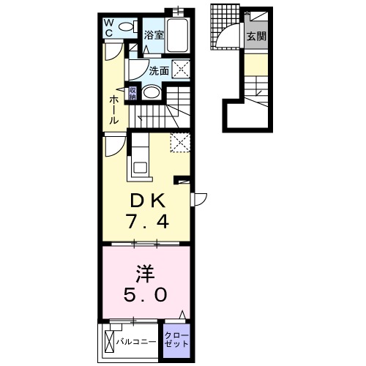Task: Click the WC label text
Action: click(x=109, y=28)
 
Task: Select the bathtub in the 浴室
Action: click(x=177, y=35)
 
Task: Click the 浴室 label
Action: click(x=154, y=35)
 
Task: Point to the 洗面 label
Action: click(x=159, y=71)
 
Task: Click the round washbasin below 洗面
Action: click(x=151, y=92)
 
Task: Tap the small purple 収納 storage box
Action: click(x=132, y=93)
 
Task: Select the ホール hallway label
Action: click(x=113, y=110)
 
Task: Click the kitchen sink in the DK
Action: click(x=140, y=168)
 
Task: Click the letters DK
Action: click(x=148, y=201)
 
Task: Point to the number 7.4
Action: click(x=147, y=221)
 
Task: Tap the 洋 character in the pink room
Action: click(x=145, y=274)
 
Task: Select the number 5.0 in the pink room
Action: click(x=146, y=294)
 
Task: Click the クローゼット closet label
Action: click(x=176, y=340)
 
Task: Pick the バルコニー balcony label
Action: click(x=136, y=342)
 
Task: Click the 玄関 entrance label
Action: click(x=256, y=36)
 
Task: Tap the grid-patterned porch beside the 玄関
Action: click(x=225, y=27)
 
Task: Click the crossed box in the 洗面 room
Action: click(x=181, y=70)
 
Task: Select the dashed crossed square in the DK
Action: click(x=180, y=143)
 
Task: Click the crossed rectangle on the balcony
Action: click(x=109, y=341)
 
